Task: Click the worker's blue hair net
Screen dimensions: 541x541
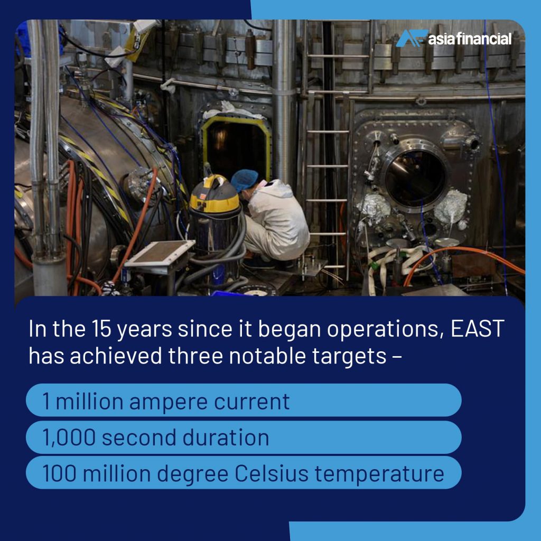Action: [x=244, y=180]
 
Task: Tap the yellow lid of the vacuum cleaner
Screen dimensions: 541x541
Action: [x=214, y=194]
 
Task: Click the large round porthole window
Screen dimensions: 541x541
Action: [x=415, y=178]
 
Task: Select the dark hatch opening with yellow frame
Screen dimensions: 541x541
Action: [x=236, y=148]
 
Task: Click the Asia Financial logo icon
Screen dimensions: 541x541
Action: [x=412, y=38]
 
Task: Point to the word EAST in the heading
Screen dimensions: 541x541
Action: [x=477, y=329]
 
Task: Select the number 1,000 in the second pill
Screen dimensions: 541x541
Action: [x=69, y=437]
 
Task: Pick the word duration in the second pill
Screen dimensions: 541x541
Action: [x=226, y=437]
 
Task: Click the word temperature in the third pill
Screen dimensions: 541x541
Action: [x=379, y=474]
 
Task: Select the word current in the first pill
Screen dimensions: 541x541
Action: [x=251, y=402]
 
